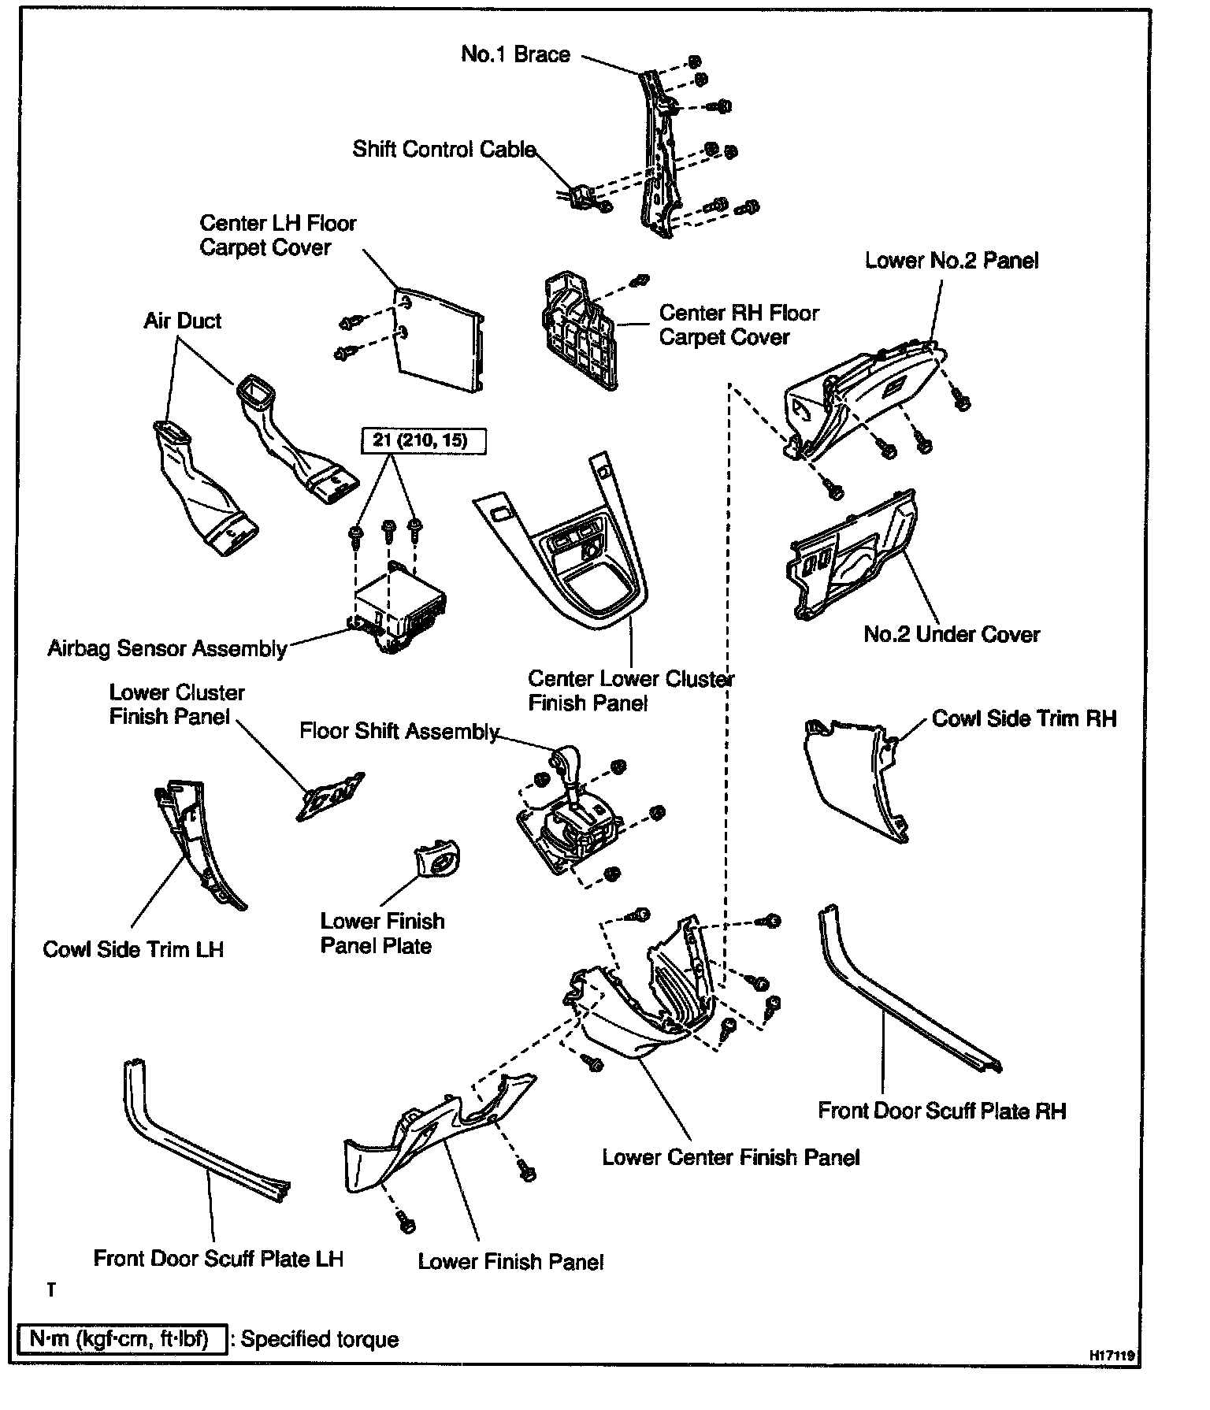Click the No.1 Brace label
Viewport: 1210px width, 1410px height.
(x=515, y=54)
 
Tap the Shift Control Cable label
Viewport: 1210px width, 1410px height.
(x=444, y=150)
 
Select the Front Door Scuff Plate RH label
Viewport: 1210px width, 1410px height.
(x=941, y=1111)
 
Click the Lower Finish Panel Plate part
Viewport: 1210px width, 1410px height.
(x=436, y=859)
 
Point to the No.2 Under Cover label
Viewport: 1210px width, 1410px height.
(x=952, y=634)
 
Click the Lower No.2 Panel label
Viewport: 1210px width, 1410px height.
(x=952, y=261)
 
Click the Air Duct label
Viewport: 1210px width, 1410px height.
(x=182, y=321)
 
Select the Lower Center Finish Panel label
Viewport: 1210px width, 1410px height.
(x=730, y=1157)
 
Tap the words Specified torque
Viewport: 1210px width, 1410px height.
(x=320, y=1339)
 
